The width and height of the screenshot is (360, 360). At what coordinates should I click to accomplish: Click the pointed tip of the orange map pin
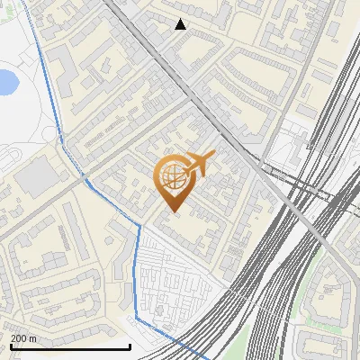173,211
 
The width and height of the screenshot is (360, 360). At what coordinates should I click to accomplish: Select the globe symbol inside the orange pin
172,177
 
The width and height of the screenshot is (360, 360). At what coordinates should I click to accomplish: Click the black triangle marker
181,24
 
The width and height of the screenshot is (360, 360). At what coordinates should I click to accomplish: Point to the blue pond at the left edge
5,82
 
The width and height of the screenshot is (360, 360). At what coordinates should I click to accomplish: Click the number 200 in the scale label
20,339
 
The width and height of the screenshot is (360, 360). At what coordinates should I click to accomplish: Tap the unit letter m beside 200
33,339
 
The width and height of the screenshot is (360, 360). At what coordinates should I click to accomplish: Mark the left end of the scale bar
10,346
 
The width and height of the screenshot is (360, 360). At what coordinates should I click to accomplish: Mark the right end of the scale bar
130,346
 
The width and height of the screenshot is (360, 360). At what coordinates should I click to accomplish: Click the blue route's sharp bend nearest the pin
140,225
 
